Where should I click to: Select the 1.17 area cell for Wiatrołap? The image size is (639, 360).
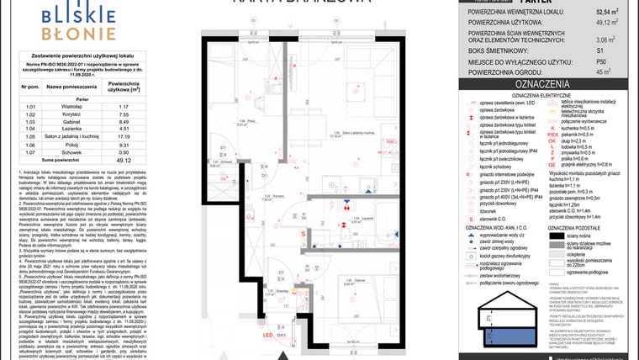click(x=123, y=107)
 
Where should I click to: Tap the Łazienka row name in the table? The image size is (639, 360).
click(x=63, y=129)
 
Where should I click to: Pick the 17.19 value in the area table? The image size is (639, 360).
click(x=123, y=136)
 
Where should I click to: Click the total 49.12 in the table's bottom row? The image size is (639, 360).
click(x=123, y=160)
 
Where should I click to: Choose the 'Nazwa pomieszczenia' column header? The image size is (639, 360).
click(x=64, y=87)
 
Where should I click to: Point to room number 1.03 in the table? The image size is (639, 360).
click(x=31, y=122)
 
